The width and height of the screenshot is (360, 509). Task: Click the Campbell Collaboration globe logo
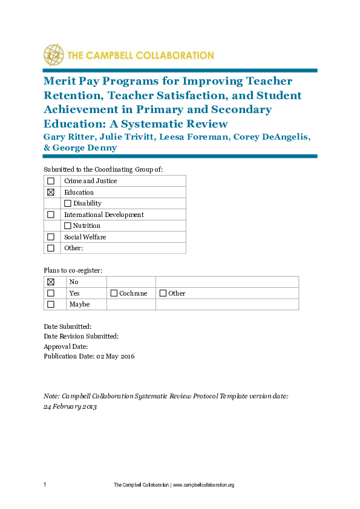point(53,54)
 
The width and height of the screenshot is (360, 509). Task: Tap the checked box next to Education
point(51,192)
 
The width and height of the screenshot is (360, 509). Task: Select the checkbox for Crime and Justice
point(51,181)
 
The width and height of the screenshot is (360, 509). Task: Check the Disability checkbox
point(68,203)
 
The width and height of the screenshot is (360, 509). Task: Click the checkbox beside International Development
point(51,215)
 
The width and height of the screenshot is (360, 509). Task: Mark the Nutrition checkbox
point(68,225)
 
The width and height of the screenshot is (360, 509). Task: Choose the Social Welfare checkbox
point(51,237)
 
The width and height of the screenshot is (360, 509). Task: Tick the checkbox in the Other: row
point(51,248)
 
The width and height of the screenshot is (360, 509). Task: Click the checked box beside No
point(51,282)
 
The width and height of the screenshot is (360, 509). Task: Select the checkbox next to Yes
point(51,293)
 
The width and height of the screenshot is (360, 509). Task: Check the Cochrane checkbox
point(114,293)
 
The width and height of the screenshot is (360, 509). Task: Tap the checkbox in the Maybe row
point(51,304)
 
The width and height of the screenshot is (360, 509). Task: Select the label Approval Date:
point(66,346)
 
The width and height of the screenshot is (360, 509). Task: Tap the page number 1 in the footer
point(45,485)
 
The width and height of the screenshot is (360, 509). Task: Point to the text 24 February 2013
point(70,406)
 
